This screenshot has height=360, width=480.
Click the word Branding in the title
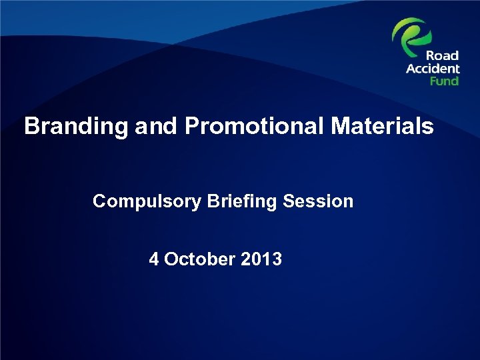coord(75,127)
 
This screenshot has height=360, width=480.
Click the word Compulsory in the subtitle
coord(146,201)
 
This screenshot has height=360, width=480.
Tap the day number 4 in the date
coord(154,259)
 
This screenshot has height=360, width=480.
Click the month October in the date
coord(201,259)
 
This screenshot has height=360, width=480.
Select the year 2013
coord(263,259)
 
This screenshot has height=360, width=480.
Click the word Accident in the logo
coord(433,69)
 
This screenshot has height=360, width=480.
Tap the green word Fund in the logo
coord(444,81)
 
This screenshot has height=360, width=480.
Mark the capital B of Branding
coord(31,127)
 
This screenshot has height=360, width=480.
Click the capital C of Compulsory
coord(99,201)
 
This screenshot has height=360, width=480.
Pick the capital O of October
coord(171,259)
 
